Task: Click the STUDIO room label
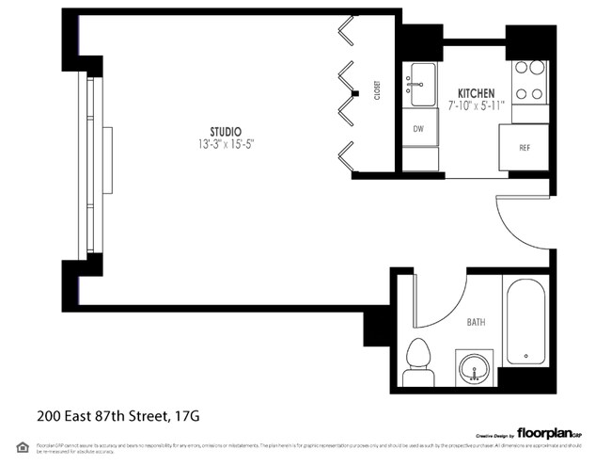225,131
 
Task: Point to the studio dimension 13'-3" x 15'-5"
225,145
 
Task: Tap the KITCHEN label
476,92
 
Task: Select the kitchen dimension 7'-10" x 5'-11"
476,104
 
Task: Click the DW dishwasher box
418,130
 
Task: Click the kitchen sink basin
421,84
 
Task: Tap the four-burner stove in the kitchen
528,81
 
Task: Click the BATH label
476,322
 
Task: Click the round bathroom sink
474,368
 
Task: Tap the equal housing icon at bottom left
22,447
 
